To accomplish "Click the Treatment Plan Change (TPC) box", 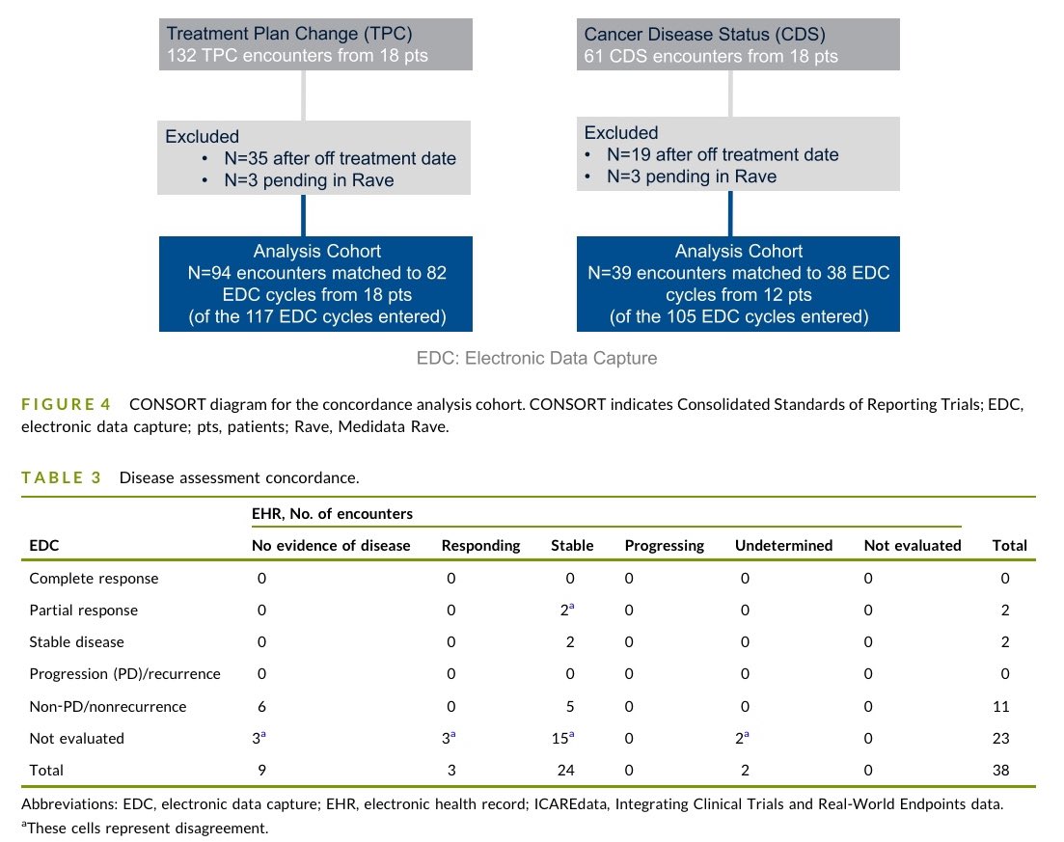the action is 315,44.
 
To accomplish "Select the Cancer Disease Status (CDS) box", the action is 738,44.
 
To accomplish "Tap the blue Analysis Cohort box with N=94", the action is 315,284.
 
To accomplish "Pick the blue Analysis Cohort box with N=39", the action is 738,284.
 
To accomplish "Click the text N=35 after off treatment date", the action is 340,158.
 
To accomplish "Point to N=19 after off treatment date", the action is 723,154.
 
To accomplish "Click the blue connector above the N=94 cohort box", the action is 303,215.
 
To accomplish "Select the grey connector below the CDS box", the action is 730,94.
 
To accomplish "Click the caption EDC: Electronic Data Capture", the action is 536,358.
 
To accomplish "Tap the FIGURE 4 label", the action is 66,404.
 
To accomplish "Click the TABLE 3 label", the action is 61,477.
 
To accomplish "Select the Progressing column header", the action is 665,546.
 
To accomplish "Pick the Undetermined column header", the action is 783,546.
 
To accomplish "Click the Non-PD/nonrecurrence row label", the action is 108,706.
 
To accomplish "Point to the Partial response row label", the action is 84,610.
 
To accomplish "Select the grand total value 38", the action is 1001,770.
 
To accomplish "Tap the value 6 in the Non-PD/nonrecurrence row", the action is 262,706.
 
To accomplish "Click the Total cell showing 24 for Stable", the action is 566,770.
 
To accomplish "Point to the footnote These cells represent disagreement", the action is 145,828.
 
